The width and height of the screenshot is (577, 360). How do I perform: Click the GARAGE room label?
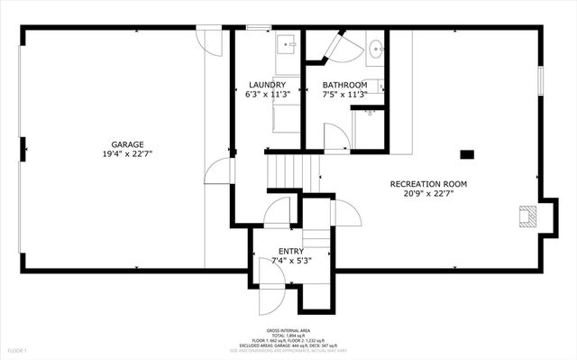[x=126, y=144]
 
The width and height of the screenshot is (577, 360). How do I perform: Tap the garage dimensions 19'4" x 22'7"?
[x=126, y=154]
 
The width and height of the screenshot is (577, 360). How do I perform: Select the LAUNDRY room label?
[x=267, y=85]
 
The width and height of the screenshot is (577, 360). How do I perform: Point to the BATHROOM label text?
[x=344, y=85]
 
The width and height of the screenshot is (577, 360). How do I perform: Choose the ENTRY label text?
[x=290, y=251]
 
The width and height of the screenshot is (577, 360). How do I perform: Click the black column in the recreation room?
[x=466, y=153]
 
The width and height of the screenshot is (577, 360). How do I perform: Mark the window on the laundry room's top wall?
[x=259, y=28]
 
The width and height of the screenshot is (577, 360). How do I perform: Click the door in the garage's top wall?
[x=209, y=40]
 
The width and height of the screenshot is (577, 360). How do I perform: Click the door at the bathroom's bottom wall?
[x=336, y=138]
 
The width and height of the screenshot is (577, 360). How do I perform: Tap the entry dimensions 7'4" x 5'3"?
[x=290, y=261]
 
